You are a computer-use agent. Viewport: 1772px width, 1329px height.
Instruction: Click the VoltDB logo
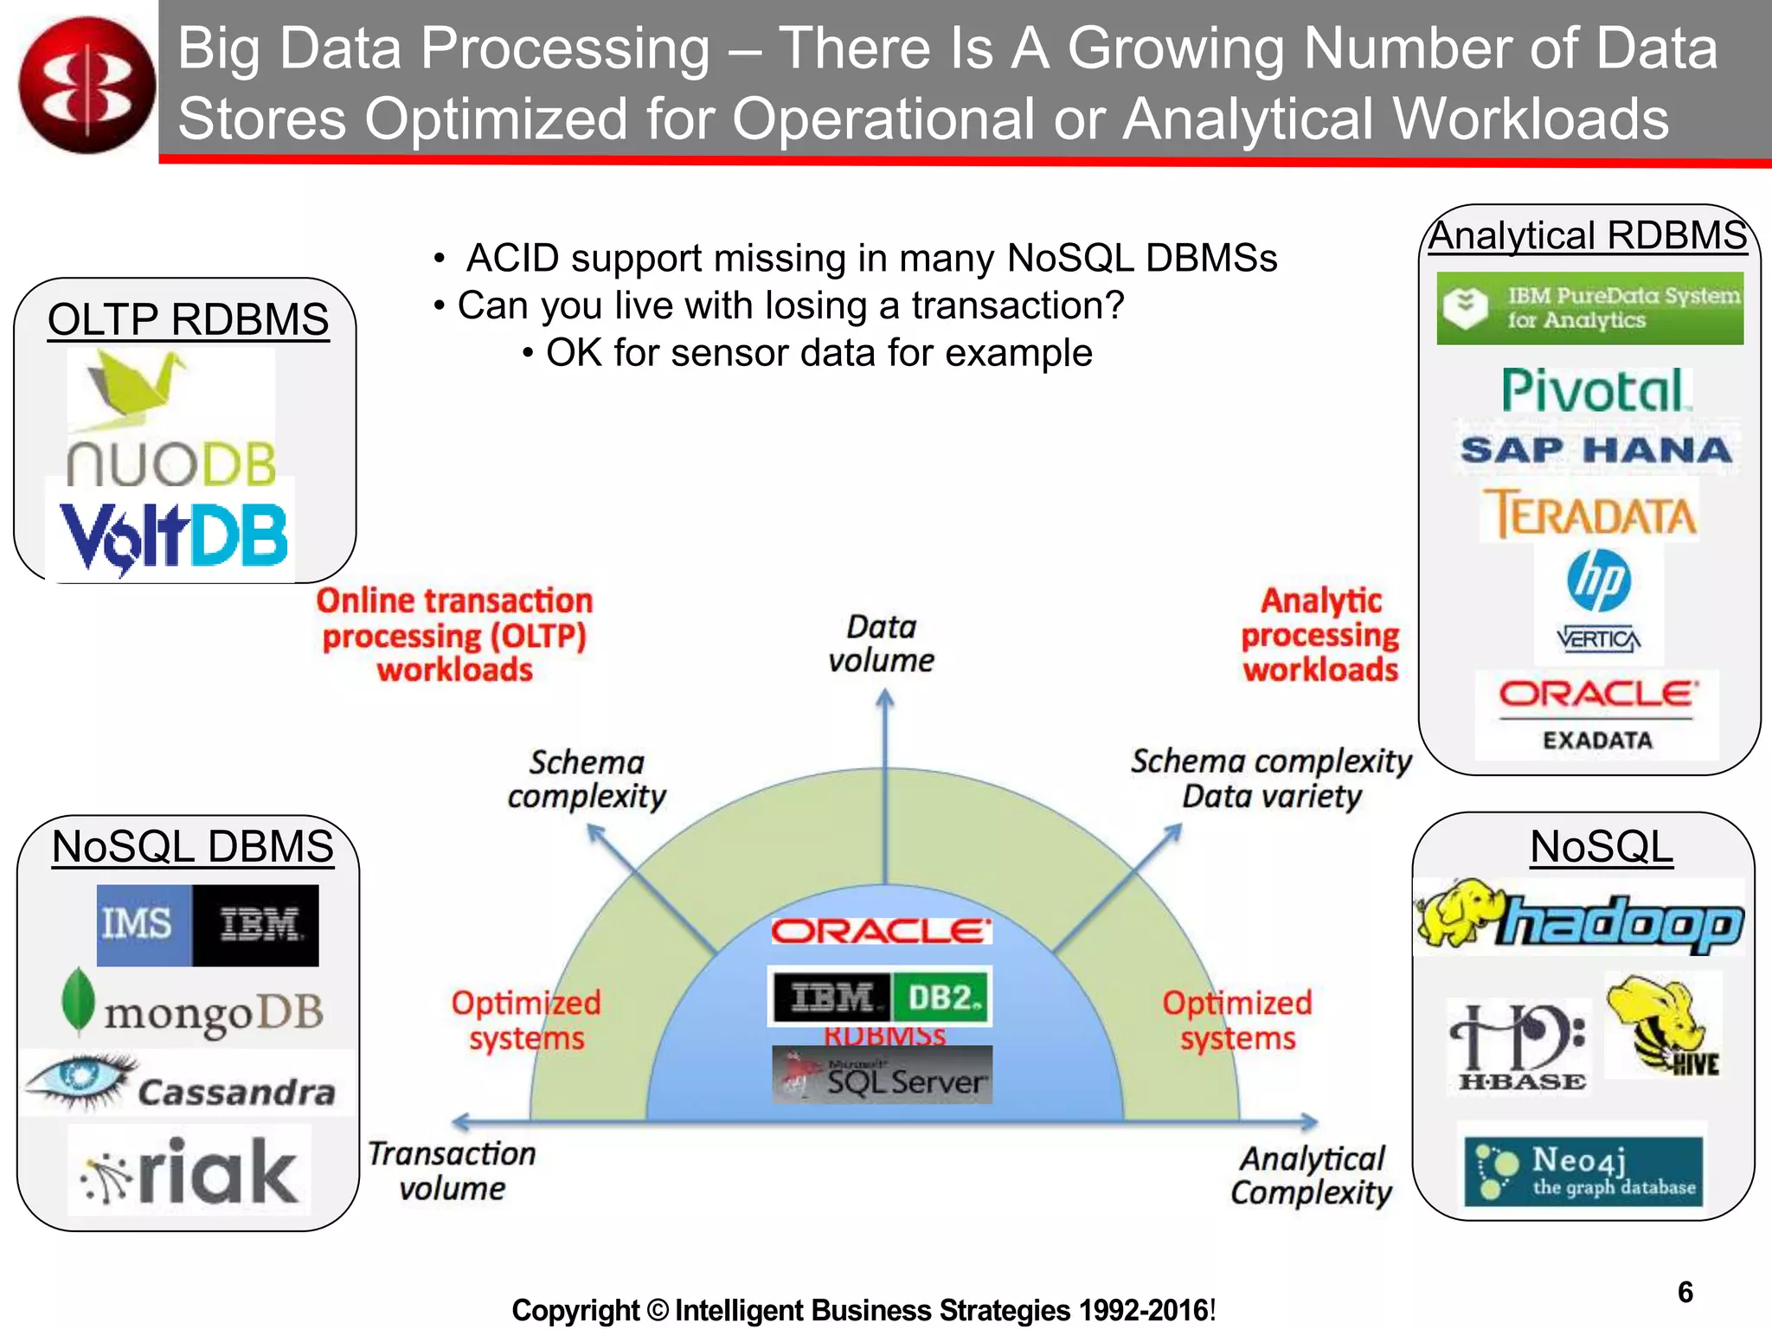click(171, 535)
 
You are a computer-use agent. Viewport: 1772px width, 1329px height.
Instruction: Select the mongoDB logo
click(193, 1008)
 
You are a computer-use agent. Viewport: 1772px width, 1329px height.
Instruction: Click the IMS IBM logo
click(208, 925)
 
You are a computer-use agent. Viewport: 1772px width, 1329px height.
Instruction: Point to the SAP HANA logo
click(1596, 450)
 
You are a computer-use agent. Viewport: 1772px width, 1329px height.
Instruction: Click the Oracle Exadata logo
click(1597, 715)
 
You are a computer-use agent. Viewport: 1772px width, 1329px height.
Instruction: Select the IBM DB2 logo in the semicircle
click(880, 997)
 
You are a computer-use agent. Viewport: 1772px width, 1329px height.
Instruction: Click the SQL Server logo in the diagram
click(882, 1075)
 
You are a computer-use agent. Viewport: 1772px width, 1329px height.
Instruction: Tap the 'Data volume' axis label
click(881, 643)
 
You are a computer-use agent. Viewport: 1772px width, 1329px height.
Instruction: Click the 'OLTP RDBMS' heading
click(188, 319)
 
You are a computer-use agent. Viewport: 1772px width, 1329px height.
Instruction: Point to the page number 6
click(1685, 1292)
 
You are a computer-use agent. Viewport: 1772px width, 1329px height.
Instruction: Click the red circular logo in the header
click(87, 85)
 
